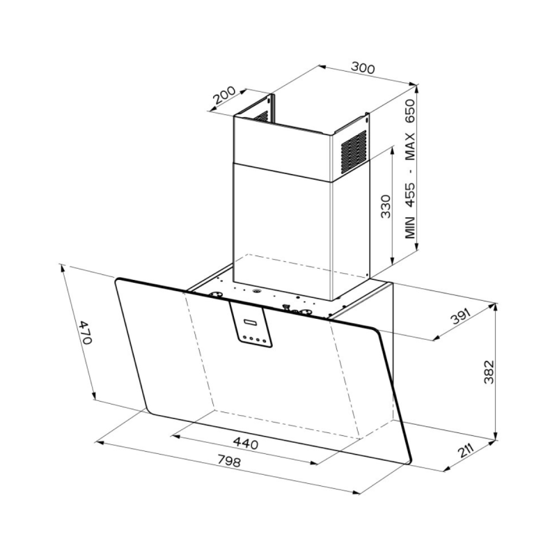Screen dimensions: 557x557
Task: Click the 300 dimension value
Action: click(x=363, y=68)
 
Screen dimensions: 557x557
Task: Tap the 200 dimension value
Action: click(x=223, y=95)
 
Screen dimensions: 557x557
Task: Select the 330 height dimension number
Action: click(x=385, y=206)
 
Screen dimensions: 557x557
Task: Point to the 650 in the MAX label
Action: click(x=410, y=111)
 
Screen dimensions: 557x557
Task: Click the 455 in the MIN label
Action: click(x=410, y=195)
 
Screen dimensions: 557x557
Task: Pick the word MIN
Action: click(x=410, y=227)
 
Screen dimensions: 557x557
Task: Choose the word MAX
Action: click(x=410, y=146)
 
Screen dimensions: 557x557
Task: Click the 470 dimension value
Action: click(x=86, y=332)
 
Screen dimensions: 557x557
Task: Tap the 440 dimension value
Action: click(x=245, y=444)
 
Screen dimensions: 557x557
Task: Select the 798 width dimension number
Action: click(x=229, y=461)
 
